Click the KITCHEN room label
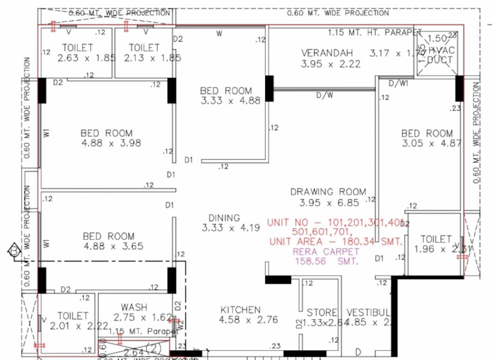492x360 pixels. pos(240,310)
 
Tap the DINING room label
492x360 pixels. pos(224,218)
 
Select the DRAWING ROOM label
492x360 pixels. pos(328,192)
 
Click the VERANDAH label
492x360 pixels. pos(327,52)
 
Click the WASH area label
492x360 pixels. pos(134,307)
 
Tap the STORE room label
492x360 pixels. pos(322,313)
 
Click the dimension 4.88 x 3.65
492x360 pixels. pos(113,246)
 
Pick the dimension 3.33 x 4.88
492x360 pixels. pos(230,100)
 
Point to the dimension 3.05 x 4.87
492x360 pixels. pos(432,143)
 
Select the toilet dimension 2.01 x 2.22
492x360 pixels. pos(79,326)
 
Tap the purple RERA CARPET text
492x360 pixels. pos(320,252)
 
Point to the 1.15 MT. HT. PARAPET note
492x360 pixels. pos(375,33)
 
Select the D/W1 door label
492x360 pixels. pos(398,83)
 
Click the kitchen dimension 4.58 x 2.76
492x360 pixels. pos(248,320)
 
